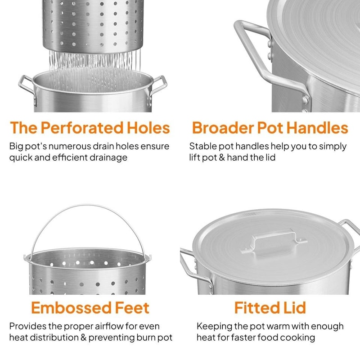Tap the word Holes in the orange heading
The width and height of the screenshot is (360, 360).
149,128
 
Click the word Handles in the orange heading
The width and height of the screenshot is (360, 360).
317,128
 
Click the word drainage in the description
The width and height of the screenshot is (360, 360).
108,157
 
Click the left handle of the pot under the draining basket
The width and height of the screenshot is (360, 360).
26,88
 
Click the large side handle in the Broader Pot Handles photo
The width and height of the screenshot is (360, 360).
252,58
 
